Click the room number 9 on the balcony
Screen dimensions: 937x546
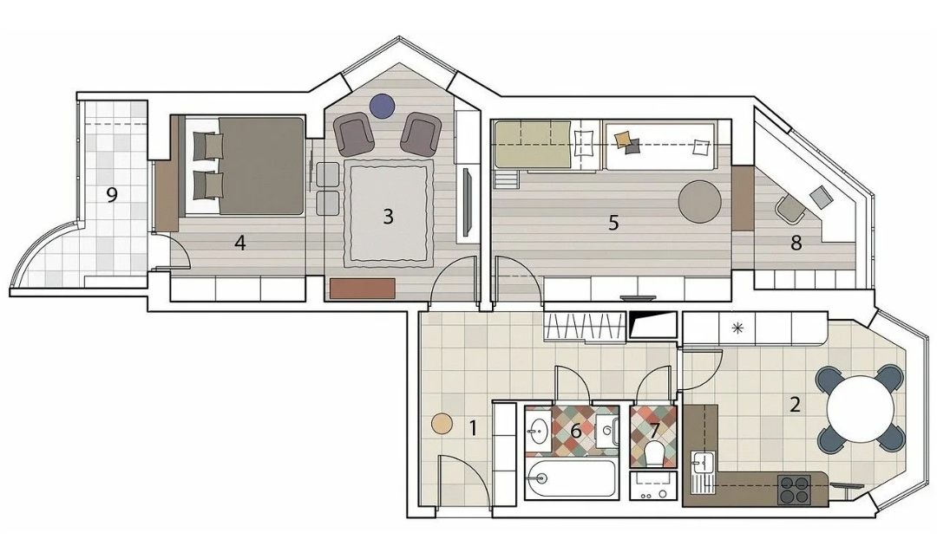(x=112, y=194)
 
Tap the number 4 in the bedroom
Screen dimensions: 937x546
(x=240, y=243)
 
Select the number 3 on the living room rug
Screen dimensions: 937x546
(x=388, y=216)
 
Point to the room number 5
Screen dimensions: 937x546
(x=613, y=223)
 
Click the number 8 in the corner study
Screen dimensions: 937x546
(x=796, y=243)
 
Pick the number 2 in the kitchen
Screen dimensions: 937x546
(x=795, y=405)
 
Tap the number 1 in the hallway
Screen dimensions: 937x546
(x=474, y=428)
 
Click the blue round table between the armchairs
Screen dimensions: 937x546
(x=382, y=107)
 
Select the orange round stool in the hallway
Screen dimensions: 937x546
(x=442, y=424)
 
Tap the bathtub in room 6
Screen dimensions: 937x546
(x=571, y=478)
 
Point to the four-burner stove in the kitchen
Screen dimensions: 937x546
(x=795, y=490)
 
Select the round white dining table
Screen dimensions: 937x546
(x=861, y=409)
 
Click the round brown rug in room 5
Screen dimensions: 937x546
(x=700, y=202)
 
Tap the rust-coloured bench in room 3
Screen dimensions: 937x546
(x=363, y=289)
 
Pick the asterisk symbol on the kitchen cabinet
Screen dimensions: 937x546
(x=738, y=327)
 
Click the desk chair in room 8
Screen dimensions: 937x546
(x=790, y=209)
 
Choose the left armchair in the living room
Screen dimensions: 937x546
(x=354, y=133)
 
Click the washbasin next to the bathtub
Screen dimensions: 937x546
(x=540, y=428)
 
